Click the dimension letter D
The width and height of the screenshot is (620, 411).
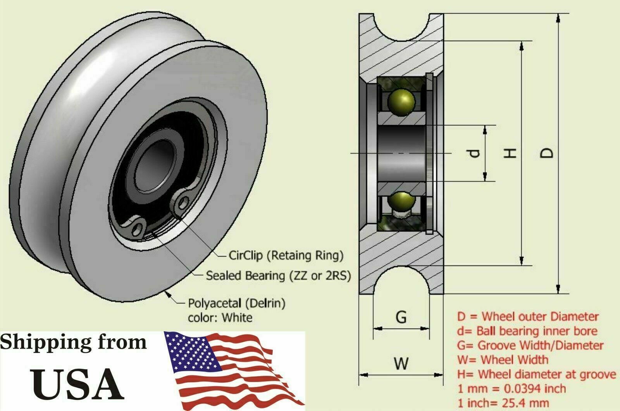[x=547, y=153]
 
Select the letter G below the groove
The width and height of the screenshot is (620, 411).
[x=401, y=317]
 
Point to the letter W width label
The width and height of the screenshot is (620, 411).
[x=401, y=363]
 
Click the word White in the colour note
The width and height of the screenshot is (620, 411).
[x=237, y=318]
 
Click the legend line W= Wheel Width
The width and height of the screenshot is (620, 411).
[x=503, y=360]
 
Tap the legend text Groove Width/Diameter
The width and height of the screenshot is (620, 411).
[x=541, y=345]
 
